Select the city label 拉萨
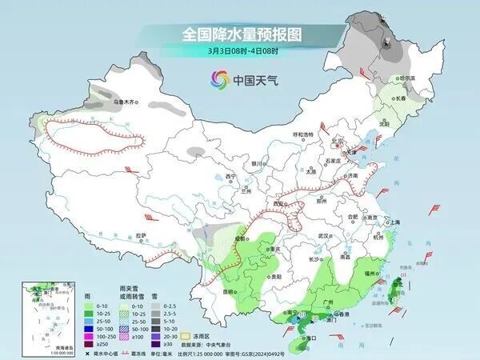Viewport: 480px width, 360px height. tap(142, 235)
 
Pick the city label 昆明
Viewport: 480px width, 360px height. tap(230, 291)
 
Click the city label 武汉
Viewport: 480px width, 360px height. tap(324, 236)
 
